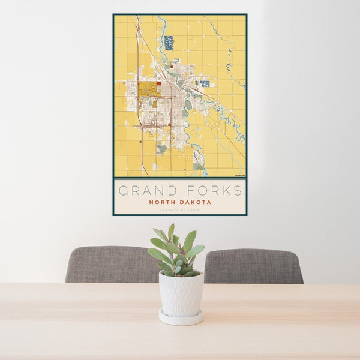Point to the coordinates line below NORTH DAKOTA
[x=179, y=209]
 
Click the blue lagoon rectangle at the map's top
[x=169, y=43]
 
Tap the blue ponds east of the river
[x=205, y=83]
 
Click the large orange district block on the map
[x=148, y=89]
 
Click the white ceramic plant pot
[x=181, y=294]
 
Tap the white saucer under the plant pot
[x=181, y=318]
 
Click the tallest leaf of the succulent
[x=171, y=232]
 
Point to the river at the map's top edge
[x=160, y=20]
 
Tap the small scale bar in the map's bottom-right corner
[x=239, y=175]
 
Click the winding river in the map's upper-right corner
[x=229, y=57]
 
